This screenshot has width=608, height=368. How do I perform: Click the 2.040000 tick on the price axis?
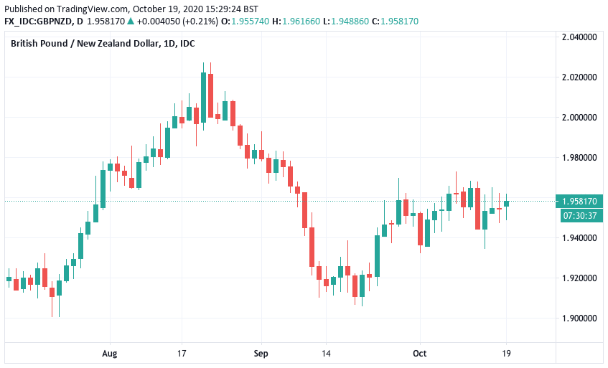(580, 37)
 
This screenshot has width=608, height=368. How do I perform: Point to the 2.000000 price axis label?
(580, 117)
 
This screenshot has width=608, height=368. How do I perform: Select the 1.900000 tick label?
(580, 318)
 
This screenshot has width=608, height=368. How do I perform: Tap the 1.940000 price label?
(580, 237)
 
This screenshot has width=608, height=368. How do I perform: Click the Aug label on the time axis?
(109, 353)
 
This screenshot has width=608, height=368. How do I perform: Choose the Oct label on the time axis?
(420, 353)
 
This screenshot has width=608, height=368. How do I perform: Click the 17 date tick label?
(182, 353)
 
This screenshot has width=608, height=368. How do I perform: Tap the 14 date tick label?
(326, 353)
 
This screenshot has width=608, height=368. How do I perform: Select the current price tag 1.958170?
(580, 201)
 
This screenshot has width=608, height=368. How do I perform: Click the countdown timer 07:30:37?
(580, 214)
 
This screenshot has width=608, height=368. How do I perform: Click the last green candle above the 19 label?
(507, 203)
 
